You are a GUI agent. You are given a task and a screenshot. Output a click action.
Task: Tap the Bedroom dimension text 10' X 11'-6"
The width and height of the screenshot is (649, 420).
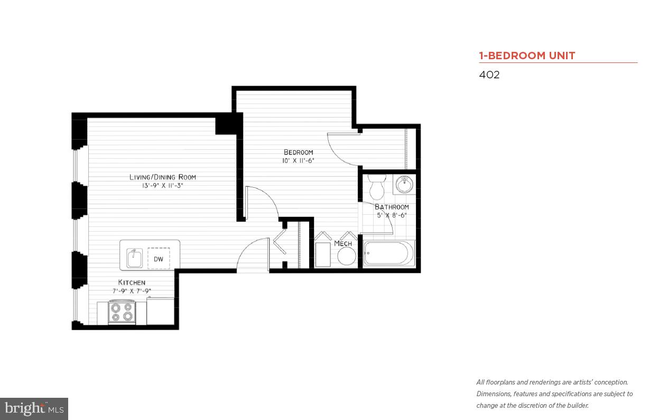(298, 161)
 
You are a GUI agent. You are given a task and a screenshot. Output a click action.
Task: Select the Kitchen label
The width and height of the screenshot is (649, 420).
(132, 282)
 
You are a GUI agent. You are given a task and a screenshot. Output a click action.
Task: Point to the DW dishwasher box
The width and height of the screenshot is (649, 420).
(159, 259)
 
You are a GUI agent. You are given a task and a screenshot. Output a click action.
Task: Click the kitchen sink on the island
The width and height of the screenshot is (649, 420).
(134, 259)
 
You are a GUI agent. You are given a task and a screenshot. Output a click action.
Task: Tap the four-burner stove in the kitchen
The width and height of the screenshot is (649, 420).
(122, 312)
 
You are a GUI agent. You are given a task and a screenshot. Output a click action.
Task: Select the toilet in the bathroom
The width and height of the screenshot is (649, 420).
(378, 187)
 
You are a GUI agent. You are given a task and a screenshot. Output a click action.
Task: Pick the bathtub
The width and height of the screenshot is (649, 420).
(389, 254)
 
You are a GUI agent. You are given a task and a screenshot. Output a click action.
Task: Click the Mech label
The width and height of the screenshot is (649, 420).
(343, 243)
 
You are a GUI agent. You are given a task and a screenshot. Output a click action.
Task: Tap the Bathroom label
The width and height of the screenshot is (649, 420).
(392, 207)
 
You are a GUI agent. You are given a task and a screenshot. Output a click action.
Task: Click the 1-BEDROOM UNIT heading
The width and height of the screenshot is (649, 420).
(527, 56)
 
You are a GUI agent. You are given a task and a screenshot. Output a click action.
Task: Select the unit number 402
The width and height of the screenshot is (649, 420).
(489, 75)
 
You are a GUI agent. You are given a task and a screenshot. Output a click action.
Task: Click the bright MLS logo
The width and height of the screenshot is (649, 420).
(34, 408)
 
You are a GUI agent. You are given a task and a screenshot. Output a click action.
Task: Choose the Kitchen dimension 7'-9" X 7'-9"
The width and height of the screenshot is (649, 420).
(132, 291)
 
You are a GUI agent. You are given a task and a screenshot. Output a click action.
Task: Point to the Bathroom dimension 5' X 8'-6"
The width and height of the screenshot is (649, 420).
(392, 215)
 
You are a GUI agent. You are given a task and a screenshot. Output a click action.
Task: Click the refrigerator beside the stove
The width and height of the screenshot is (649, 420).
(160, 311)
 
